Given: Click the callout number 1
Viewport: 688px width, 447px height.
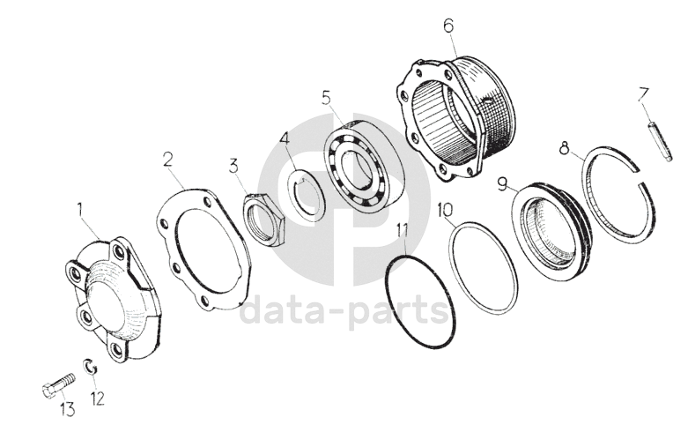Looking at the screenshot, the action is (x=80, y=211).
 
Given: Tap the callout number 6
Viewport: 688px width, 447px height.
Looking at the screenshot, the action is (x=448, y=26).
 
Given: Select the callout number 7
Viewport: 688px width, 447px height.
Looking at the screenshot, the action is (x=644, y=95).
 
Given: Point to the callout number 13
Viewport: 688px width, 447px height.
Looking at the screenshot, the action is (x=67, y=410).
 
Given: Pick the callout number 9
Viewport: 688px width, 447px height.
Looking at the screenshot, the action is (x=503, y=184).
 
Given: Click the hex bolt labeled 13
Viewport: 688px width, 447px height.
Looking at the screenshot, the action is (x=58, y=384).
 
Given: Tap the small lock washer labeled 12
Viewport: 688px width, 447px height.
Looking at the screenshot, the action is (x=91, y=367).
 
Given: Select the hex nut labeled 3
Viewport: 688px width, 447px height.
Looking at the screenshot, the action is (x=264, y=219).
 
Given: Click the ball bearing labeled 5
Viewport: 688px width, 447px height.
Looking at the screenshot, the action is (x=365, y=166).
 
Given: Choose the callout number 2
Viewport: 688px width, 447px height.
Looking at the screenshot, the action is (x=168, y=160).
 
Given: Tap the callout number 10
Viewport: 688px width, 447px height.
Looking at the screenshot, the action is (x=445, y=210).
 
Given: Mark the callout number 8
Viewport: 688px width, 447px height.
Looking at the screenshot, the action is (x=565, y=148).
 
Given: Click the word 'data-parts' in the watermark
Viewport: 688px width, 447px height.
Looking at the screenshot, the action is (x=344, y=311).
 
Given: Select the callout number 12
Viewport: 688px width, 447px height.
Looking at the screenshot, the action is (x=98, y=399).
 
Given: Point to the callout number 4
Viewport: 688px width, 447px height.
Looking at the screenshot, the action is (x=285, y=139).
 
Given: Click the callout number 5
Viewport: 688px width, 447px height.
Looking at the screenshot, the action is (x=326, y=99).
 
